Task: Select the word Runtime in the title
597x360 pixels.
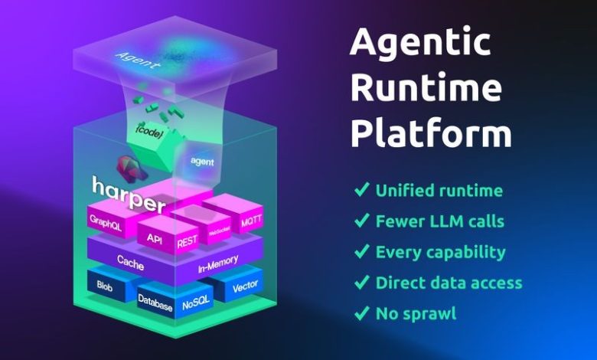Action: (426, 89)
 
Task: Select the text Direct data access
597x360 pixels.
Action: (449, 283)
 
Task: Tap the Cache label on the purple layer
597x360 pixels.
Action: (131, 259)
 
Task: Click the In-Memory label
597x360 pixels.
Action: (218, 263)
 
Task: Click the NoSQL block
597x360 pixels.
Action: (197, 304)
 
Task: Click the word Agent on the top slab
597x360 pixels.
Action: (139, 60)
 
